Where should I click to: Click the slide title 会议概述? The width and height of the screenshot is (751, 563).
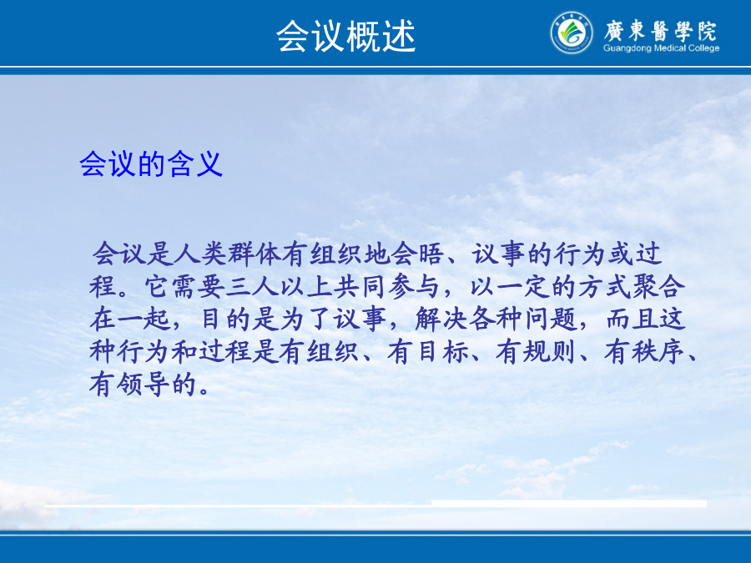(x=345, y=37)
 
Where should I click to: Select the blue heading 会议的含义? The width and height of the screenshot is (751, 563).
(x=151, y=163)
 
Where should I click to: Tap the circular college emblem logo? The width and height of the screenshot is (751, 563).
(x=571, y=33)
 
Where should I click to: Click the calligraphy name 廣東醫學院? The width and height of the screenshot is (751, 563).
(x=660, y=31)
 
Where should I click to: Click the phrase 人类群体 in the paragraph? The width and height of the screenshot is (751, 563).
(x=227, y=254)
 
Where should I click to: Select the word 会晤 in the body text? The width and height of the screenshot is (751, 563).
(x=416, y=254)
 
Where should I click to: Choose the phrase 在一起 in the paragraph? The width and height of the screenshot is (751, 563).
(x=130, y=319)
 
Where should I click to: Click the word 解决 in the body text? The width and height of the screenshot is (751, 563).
(x=441, y=319)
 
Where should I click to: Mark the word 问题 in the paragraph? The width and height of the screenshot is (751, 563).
(x=551, y=319)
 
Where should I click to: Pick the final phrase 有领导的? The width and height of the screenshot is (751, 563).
(x=144, y=385)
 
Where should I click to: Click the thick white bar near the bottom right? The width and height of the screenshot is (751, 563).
(x=569, y=503)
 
